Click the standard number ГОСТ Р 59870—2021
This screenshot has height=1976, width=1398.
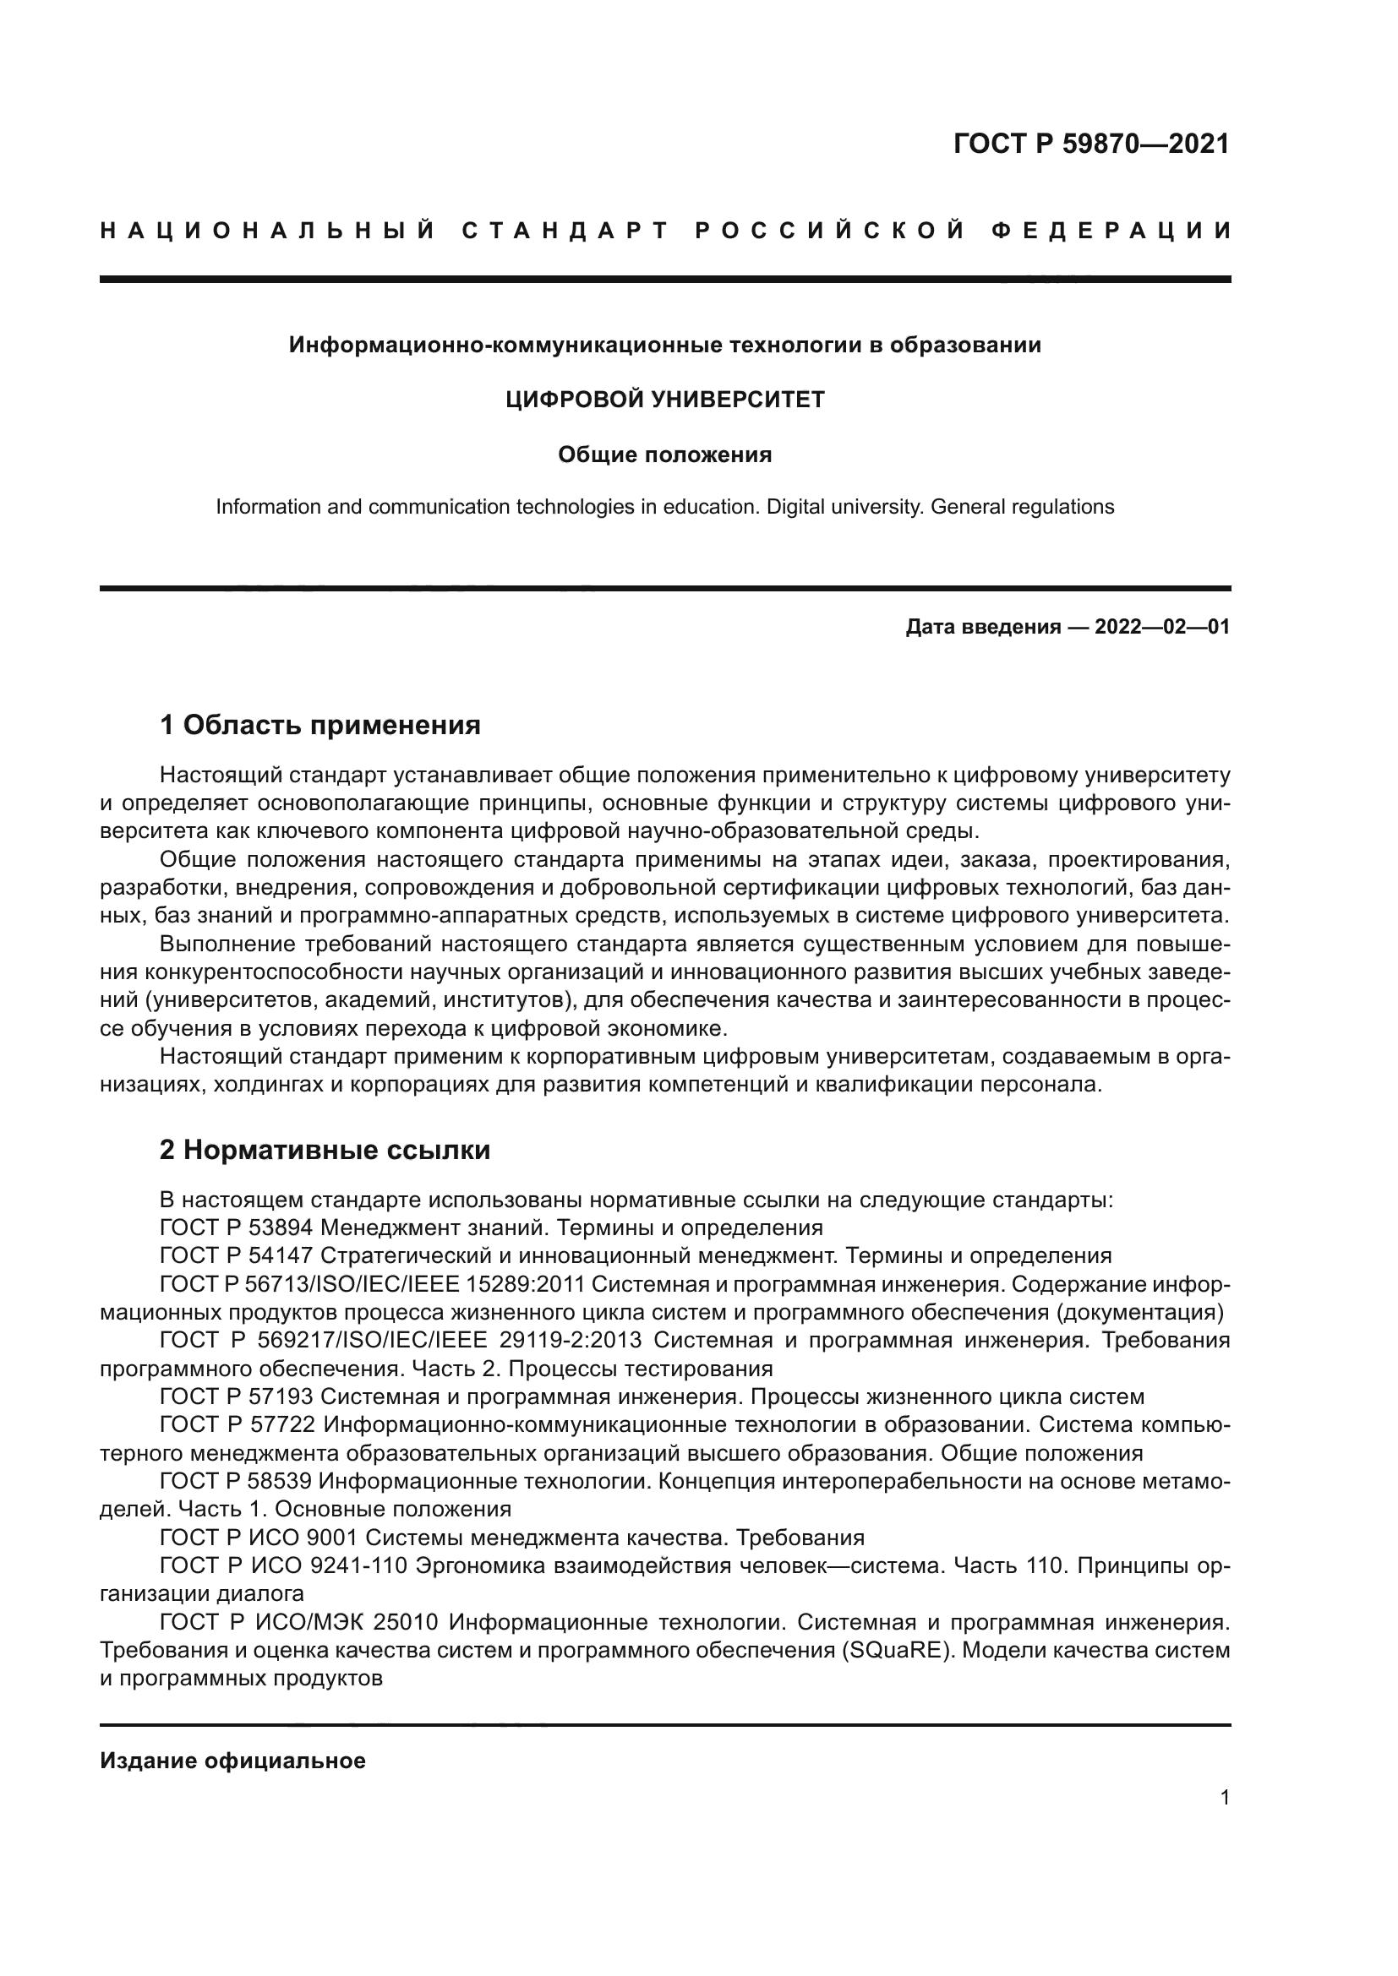pyautogui.click(x=1090, y=144)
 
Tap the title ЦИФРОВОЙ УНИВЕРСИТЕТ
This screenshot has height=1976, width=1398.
pyautogui.click(x=664, y=400)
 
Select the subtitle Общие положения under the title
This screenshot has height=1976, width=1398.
pyautogui.click(x=664, y=455)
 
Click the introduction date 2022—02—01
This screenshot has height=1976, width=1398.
pyautogui.click(x=1161, y=627)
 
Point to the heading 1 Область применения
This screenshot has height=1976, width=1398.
pyautogui.click(x=320, y=726)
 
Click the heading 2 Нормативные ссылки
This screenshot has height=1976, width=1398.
pyautogui.click(x=325, y=1150)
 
